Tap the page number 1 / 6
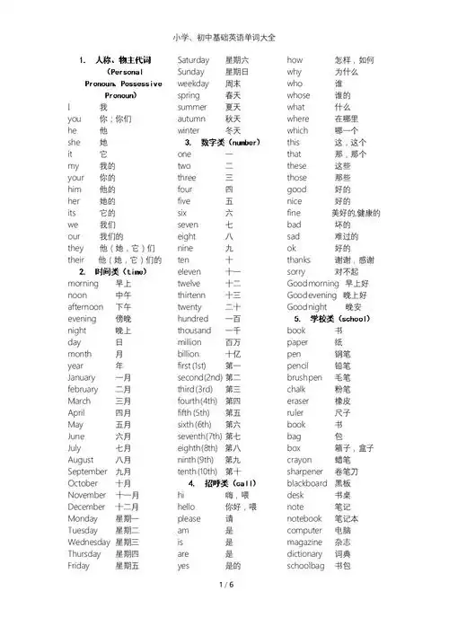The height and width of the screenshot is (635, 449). (224, 610)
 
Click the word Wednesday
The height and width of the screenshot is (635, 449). (89, 542)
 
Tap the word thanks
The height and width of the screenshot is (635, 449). (299, 259)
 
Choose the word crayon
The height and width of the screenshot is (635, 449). (300, 458)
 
